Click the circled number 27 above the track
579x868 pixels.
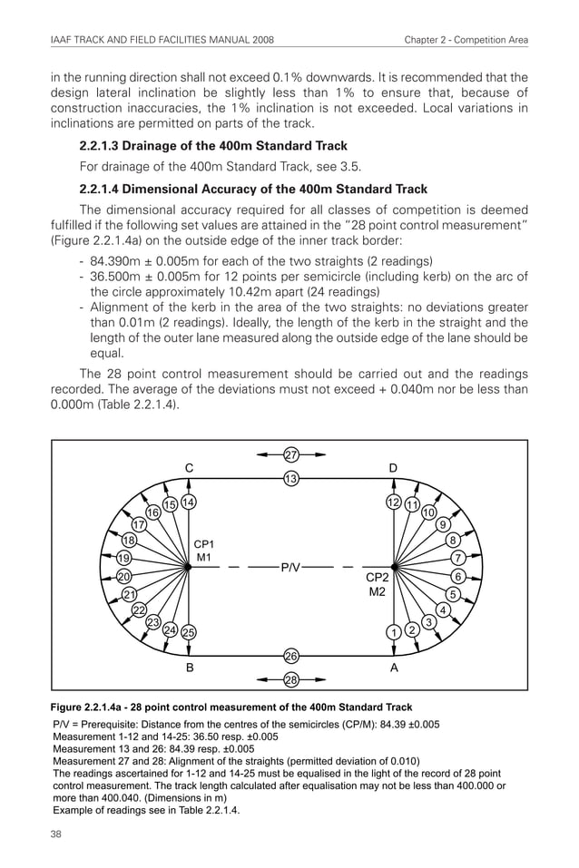[291, 454]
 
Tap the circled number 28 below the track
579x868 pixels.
[291, 679]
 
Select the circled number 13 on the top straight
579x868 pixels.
[291, 478]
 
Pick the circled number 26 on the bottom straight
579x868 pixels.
[291, 656]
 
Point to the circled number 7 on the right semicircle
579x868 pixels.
[459, 557]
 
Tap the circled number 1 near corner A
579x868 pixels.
[394, 631]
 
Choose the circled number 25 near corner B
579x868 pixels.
[189, 631]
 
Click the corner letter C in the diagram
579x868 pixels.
[189, 468]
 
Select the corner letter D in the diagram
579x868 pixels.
[393, 468]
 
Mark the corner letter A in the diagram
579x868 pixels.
[393, 667]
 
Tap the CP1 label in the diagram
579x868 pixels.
[205, 543]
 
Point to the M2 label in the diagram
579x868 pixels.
[377, 591]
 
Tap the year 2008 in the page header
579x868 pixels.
[258, 40]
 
